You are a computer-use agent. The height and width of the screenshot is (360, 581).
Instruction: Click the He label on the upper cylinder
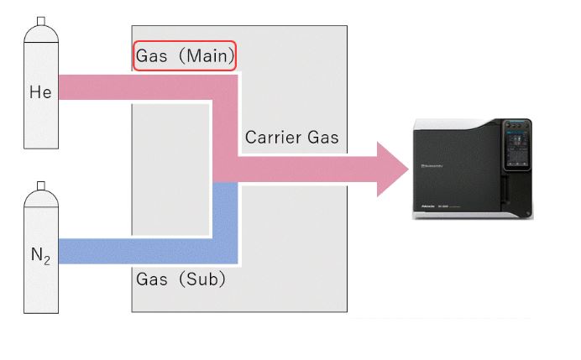40,92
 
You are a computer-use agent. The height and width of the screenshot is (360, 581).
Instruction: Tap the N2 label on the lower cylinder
40,255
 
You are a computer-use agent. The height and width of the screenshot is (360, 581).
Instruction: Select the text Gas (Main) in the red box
185,56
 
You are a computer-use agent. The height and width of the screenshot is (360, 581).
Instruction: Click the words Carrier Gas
291,138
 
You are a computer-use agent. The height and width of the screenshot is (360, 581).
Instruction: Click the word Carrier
270,138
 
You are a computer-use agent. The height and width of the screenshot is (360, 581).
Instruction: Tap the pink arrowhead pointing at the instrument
390,169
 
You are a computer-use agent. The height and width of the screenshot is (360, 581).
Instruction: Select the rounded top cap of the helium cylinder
39,34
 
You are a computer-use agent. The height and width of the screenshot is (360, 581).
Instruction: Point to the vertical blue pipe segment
225,214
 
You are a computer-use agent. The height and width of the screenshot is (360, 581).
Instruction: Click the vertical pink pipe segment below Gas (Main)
225,126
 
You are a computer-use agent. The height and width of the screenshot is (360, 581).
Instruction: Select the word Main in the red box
207,56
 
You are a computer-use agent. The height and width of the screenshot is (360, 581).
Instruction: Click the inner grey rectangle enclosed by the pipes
170,168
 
